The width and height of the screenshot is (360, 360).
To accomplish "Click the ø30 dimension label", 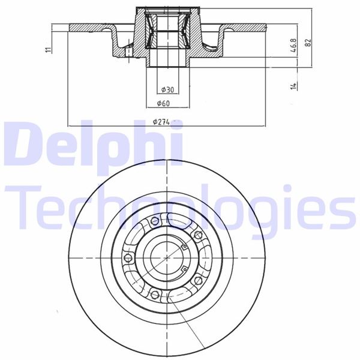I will tap(167, 90).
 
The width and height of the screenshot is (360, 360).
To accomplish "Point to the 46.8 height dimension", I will tap(294, 47).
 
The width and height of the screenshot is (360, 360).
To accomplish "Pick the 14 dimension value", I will tap(294, 86).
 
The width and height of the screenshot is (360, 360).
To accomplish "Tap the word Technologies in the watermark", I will tap(180, 207).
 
